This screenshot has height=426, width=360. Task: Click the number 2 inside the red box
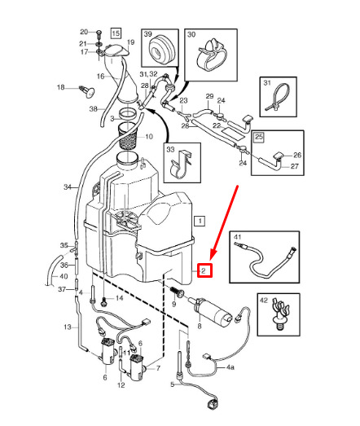pos(204,270)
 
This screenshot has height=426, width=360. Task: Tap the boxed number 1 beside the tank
pos(200,221)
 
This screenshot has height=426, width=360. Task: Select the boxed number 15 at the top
pos(116,33)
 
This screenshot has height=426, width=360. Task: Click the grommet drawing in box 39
pos(161,50)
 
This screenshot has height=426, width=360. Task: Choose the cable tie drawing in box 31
pos(279,98)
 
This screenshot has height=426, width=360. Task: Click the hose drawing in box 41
pos(266,260)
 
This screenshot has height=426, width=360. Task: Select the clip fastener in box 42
pos(281,314)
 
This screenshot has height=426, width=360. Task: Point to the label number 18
pos(61,87)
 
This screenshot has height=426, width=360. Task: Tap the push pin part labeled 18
pos(86,91)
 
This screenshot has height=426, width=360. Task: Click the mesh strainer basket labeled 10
pos(127,137)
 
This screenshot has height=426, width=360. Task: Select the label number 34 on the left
pos(68,187)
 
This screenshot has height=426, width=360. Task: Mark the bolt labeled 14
pos(104,301)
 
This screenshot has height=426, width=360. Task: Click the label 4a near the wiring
pos(230,367)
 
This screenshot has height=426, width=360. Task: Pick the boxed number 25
pos(258,137)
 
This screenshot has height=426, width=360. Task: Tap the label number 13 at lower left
pos(68,327)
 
